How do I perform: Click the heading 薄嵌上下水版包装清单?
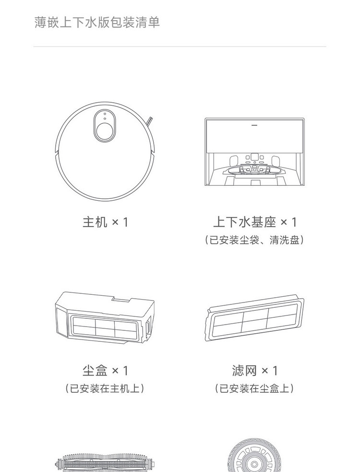pyautogui.click(x=97, y=22)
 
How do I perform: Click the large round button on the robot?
pyautogui.click(x=105, y=131)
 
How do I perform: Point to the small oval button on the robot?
pyautogui.click(x=105, y=116)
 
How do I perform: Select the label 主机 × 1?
pyautogui.click(x=106, y=222)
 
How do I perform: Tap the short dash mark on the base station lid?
pyautogui.click(x=254, y=123)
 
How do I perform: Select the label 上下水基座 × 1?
pyautogui.click(x=255, y=222)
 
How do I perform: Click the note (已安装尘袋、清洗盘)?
pyautogui.click(x=254, y=240)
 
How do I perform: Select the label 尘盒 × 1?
pyautogui.click(x=105, y=371)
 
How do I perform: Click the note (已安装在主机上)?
pyautogui.click(x=105, y=388)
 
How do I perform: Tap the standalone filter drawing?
pyautogui.click(x=255, y=319)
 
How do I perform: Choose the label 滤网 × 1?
pyautogui.click(x=255, y=371)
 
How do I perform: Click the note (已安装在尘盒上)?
pyautogui.click(x=254, y=388)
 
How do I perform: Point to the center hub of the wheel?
pyautogui.click(x=254, y=466)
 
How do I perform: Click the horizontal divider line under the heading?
pyautogui.click(x=180, y=47)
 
